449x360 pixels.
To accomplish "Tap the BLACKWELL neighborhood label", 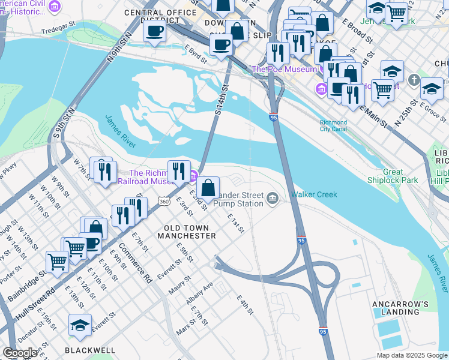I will pyautogui.click(x=90, y=350).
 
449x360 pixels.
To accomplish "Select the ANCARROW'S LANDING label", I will pyautogui.click(x=400, y=308).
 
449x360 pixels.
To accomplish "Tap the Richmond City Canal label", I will pyautogui.click(x=333, y=125).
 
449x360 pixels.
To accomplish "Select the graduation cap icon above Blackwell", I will pyautogui.click(x=80, y=325).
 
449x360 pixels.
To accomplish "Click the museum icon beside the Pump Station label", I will pyautogui.click(x=273, y=198).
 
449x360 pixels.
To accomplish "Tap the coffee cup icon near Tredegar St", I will pyautogui.click(x=154, y=31).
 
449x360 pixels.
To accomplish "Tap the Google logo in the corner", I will pyautogui.click(x=20, y=353).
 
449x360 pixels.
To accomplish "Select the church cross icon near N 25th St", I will pyautogui.click(x=413, y=80).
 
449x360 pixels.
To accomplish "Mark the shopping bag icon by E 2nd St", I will pyautogui.click(x=208, y=188).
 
